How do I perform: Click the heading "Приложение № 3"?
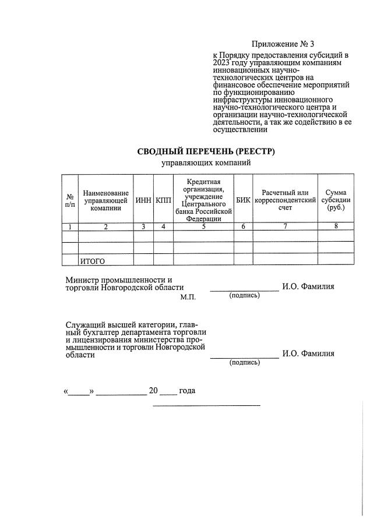(283, 44)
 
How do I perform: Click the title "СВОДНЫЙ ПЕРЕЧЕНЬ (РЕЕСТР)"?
(206, 152)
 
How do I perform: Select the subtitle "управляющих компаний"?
(206, 163)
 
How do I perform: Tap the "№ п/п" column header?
(70, 200)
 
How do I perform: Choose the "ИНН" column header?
(143, 200)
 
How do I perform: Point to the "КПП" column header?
(164, 200)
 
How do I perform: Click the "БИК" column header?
(243, 200)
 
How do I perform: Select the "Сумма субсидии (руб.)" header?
(336, 200)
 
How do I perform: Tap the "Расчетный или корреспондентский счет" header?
(285, 200)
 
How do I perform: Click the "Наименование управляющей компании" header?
(105, 200)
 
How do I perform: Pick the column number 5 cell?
(203, 227)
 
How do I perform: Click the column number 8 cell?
(336, 227)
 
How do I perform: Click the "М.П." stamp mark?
(188, 297)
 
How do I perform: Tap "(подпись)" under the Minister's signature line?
(245, 295)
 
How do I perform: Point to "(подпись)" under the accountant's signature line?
(245, 363)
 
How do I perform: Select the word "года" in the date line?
(187, 391)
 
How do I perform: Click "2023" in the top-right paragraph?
(224, 62)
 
